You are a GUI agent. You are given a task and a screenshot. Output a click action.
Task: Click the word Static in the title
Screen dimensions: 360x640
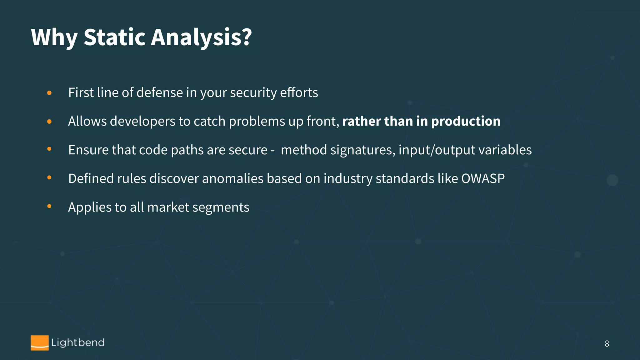click(115, 37)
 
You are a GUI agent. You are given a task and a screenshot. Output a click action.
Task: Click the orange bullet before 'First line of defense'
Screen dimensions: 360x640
click(49, 93)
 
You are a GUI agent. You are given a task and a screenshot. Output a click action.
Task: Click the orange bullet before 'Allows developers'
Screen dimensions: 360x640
click(49, 122)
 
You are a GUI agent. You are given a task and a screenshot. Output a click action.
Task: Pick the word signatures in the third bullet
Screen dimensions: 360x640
click(362, 150)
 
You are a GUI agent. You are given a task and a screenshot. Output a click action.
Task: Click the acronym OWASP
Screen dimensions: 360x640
click(483, 179)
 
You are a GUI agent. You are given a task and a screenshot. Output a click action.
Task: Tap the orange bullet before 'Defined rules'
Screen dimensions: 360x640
click(49, 178)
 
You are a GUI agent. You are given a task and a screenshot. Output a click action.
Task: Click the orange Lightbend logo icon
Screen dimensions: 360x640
click(40, 343)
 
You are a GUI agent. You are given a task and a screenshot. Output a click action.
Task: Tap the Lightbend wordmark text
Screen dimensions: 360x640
click(78, 342)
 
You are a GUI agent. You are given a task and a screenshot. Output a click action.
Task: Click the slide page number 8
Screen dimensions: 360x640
click(607, 344)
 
